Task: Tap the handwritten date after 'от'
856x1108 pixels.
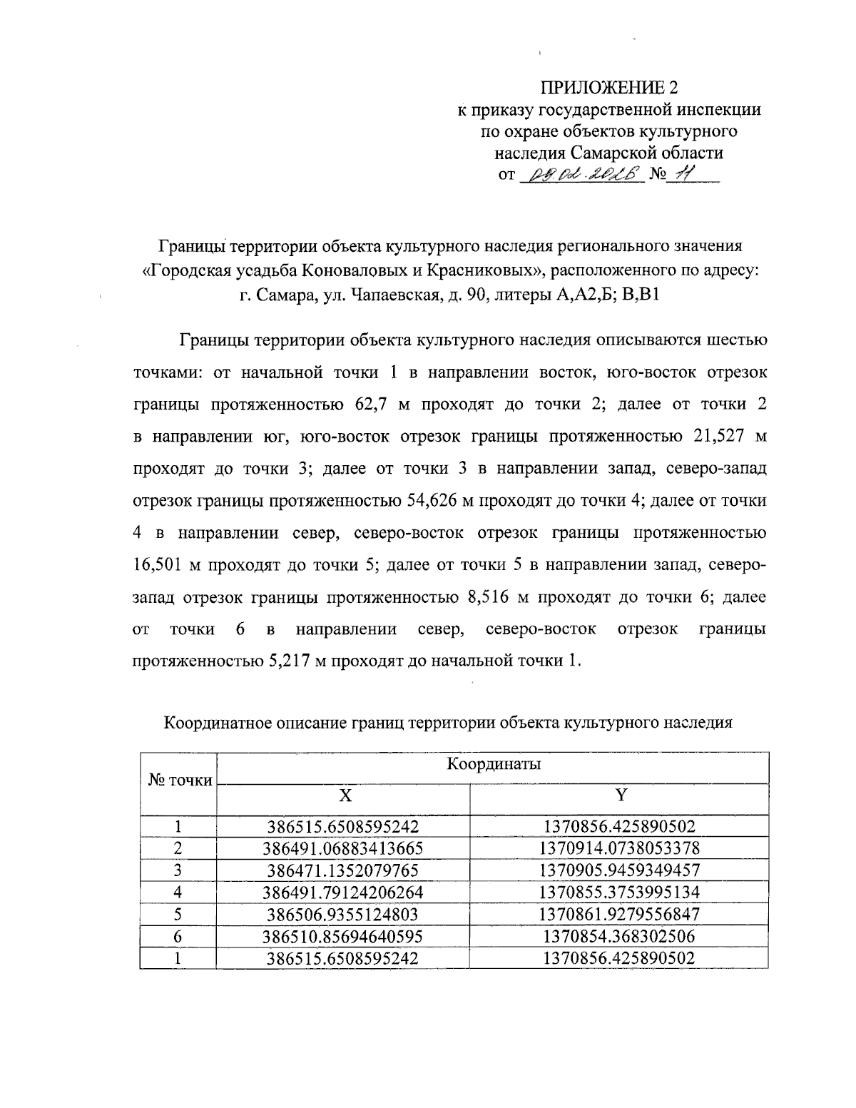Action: pos(583,175)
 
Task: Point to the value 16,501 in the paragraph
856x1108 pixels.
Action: pos(158,565)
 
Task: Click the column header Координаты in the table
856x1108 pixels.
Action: pos(493,764)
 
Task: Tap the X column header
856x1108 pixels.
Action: pos(344,795)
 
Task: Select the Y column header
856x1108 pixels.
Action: pos(619,795)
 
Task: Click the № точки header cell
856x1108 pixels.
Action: pos(180,780)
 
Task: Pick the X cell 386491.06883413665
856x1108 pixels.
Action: pos(343,848)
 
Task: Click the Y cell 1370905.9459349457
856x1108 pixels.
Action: pos(619,870)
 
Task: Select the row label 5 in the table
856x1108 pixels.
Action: pos(179,914)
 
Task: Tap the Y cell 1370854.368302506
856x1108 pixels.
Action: pos(619,936)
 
